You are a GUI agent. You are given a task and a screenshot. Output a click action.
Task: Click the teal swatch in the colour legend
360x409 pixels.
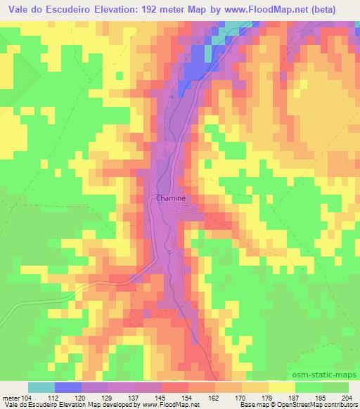point(41,387)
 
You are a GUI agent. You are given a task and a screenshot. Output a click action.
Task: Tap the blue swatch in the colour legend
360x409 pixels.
point(68,387)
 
